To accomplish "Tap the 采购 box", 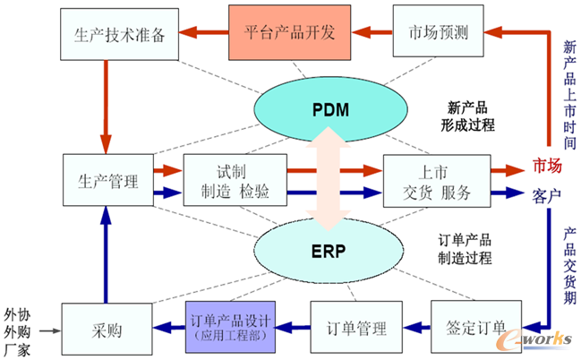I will click(102, 328).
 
